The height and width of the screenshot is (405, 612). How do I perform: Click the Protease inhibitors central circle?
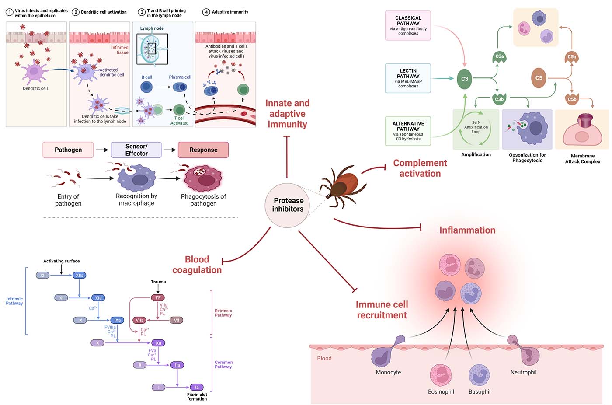(x=288, y=205)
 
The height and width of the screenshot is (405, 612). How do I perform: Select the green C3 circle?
(x=464, y=79)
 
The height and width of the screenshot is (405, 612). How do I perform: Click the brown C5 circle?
(x=539, y=78)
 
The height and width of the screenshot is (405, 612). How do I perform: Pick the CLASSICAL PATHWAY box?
(x=408, y=26)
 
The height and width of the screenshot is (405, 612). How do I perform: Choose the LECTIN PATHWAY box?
(x=408, y=78)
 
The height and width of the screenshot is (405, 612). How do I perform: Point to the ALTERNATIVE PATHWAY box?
(x=408, y=131)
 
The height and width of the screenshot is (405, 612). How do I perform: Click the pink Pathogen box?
(x=68, y=150)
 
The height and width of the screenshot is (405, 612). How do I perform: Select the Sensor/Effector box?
(x=136, y=150)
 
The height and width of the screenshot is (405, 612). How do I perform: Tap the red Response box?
(x=203, y=150)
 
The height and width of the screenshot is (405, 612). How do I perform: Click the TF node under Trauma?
(x=158, y=298)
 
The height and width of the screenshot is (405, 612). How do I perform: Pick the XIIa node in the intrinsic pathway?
(x=80, y=276)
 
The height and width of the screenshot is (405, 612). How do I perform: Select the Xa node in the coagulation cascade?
(x=158, y=343)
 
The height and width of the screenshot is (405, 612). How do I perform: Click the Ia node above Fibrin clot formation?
(x=197, y=387)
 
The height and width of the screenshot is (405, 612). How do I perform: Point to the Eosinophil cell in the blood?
(x=440, y=375)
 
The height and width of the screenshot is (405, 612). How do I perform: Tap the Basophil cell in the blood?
(x=479, y=375)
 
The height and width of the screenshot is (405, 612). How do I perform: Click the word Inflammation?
(x=467, y=230)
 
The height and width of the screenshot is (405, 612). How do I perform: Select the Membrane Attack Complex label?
(x=582, y=159)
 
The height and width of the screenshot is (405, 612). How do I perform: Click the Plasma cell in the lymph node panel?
(x=180, y=87)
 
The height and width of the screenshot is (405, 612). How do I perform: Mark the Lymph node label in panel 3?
(x=152, y=28)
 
